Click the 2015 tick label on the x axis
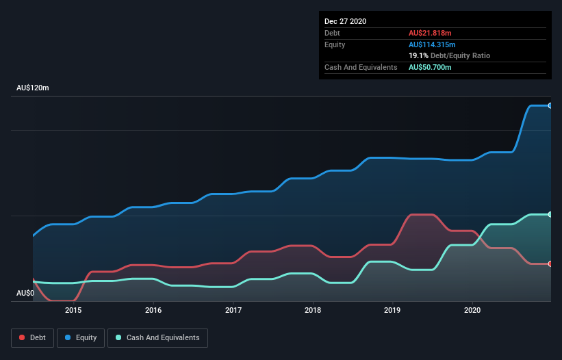click(x=73, y=310)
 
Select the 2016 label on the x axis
click(x=153, y=310)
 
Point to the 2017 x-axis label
click(x=233, y=310)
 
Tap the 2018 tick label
click(x=313, y=310)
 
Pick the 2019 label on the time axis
click(x=393, y=310)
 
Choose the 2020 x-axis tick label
click(x=472, y=310)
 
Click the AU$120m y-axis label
click(x=33, y=88)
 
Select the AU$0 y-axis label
click(x=25, y=293)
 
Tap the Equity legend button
click(x=81, y=337)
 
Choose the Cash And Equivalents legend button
click(x=157, y=337)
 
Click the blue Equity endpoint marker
click(x=550, y=105)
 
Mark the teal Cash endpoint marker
click(x=550, y=214)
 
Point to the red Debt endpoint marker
click(x=550, y=263)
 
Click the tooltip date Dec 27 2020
click(x=345, y=21)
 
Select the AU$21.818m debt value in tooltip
click(x=430, y=33)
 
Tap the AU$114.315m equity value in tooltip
click(x=432, y=44)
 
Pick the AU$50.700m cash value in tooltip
click(x=430, y=67)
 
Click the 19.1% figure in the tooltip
click(x=419, y=55)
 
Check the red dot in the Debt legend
click(x=23, y=337)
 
